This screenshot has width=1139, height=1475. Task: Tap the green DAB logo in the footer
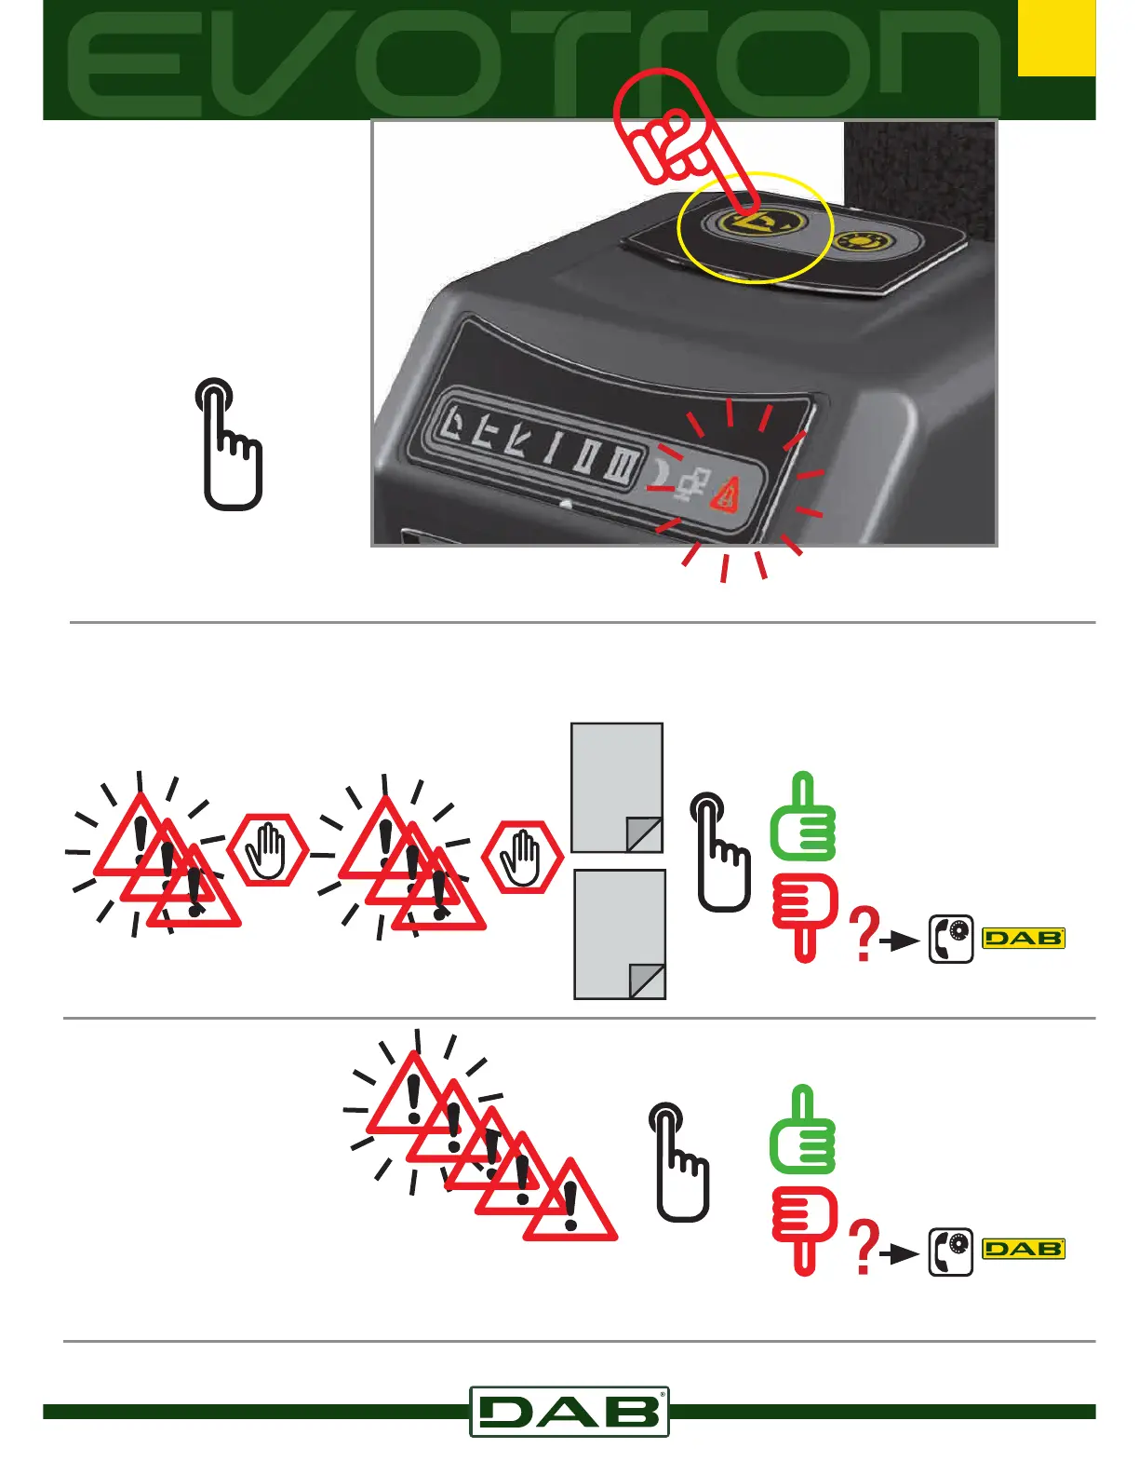(569, 1412)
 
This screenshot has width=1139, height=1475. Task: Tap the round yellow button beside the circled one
(865, 242)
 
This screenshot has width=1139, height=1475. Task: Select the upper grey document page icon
(616, 788)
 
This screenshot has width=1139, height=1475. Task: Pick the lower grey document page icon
(620, 934)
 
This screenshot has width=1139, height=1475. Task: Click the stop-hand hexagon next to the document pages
(523, 858)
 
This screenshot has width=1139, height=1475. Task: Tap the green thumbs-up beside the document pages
(803, 819)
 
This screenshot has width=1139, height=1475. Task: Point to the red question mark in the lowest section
(865, 1248)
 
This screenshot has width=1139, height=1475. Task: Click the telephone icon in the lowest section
(951, 1251)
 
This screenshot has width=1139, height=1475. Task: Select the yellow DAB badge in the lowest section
(1024, 1249)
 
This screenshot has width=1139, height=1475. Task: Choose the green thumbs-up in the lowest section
(803, 1130)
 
